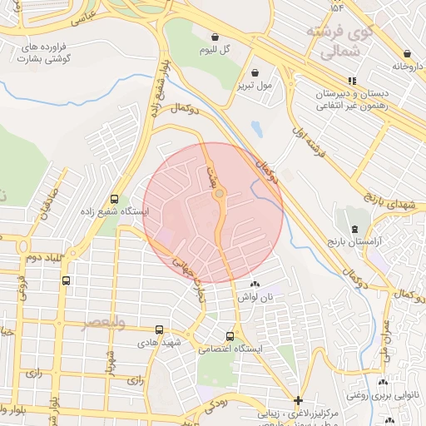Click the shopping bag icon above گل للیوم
pyautogui.click(x=216, y=37)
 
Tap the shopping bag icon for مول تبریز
pyautogui.click(x=265, y=72)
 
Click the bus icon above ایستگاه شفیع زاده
pyautogui.click(x=114, y=199)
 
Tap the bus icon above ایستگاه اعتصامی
pyautogui.click(x=230, y=336)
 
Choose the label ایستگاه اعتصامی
pyautogui.click(x=228, y=349)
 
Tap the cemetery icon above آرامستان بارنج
pyautogui.click(x=355, y=229)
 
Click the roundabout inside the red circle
pyautogui.click(x=219, y=194)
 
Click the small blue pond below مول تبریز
pyautogui.click(x=257, y=129)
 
